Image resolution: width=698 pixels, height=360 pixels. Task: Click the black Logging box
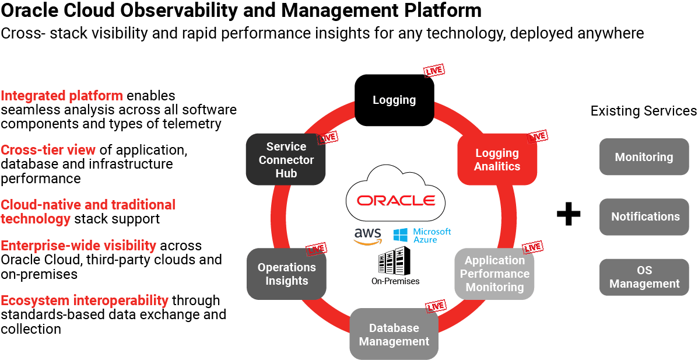tap(394, 100)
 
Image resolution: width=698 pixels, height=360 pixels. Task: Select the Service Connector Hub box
tap(286, 159)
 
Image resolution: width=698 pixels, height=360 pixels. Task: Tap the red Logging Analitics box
tap(497, 159)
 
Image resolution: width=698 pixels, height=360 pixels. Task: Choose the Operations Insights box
tap(286, 274)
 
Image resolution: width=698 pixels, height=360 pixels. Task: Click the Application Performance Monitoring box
tap(494, 274)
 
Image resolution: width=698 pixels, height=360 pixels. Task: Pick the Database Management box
tap(394, 334)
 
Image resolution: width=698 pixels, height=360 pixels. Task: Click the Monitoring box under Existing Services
tap(644, 157)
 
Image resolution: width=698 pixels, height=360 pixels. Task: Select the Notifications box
tap(644, 217)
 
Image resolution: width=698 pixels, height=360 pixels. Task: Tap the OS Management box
tap(644, 277)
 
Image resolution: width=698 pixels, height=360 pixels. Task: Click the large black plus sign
tap(569, 214)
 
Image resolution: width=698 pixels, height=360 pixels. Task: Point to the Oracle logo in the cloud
tap(396, 200)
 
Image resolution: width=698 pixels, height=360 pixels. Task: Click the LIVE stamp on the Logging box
tap(434, 71)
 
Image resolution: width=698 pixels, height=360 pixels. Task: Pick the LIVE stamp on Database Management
tap(436, 306)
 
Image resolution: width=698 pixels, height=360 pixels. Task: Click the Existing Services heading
tap(644, 110)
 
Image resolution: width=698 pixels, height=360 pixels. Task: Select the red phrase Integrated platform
tap(62, 96)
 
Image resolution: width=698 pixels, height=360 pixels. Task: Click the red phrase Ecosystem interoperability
tap(85, 300)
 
